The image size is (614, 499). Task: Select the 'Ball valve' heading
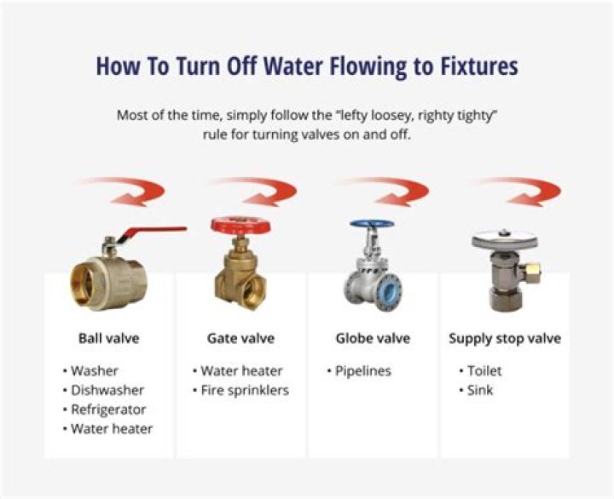tap(108, 338)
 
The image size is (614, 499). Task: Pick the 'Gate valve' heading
tap(240, 338)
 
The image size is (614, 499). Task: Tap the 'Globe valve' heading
tap(373, 338)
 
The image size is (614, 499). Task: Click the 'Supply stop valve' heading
tap(505, 338)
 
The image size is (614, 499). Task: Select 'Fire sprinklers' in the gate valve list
tap(245, 390)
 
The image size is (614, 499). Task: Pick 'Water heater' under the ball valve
tap(112, 429)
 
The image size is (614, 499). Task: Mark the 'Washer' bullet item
tap(95, 371)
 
